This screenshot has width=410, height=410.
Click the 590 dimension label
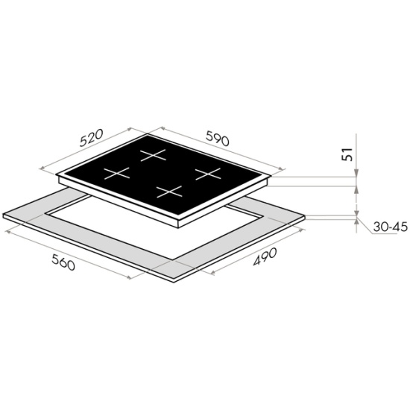218,139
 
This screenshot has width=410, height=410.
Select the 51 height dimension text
347,154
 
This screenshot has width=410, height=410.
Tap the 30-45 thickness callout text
391,227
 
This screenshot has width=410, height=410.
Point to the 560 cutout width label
63,262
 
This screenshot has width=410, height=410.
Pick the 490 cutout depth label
265,256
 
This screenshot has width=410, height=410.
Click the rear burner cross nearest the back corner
154,155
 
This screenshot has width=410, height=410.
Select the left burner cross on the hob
116,173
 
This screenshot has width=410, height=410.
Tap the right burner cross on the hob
208,174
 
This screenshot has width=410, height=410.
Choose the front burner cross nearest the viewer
169,192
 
